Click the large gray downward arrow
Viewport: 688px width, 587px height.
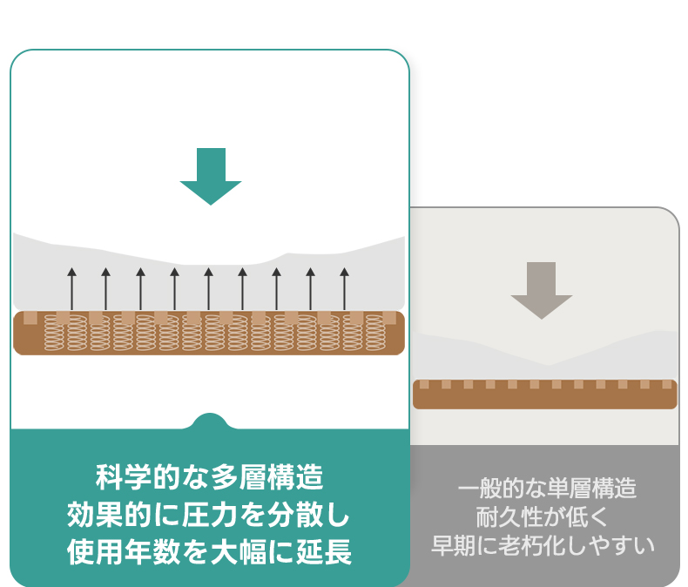(541, 289)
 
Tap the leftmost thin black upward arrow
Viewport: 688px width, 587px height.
(72, 287)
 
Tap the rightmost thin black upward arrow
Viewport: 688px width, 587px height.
(344, 287)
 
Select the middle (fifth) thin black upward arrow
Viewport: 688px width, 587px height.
(208, 287)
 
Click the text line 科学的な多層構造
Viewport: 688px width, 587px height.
(210, 477)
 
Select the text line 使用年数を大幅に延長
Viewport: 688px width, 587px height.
(210, 552)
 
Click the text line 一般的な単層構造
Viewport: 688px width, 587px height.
(547, 488)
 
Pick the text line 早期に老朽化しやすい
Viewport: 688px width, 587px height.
(543, 547)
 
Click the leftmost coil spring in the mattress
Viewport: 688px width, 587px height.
(55, 333)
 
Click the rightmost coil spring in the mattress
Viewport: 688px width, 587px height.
(374, 333)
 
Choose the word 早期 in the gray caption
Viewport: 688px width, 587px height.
(455, 547)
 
